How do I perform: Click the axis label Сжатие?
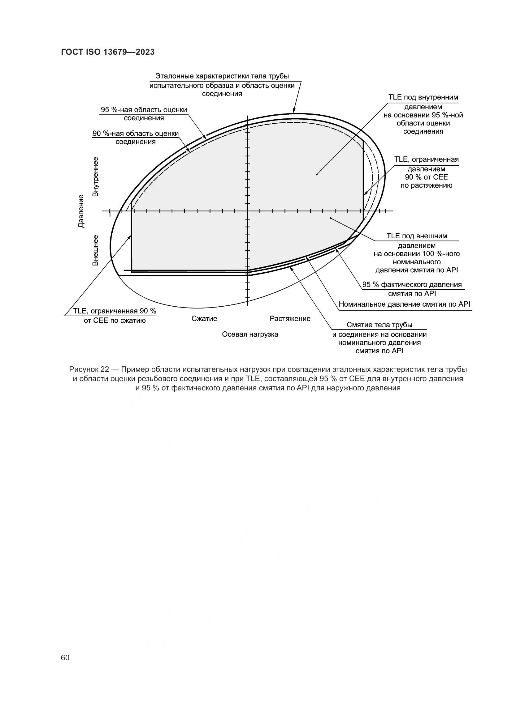pos(204,319)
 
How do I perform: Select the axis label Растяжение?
pos(290,319)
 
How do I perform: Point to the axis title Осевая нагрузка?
pos(250,334)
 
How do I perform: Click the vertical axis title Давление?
pos(81,211)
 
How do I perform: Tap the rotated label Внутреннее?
pos(96,176)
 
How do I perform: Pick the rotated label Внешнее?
pos(96,250)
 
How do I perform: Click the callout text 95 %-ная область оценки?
pos(144,110)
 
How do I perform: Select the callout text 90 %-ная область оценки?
pos(136,134)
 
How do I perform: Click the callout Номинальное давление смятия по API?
pos(404,304)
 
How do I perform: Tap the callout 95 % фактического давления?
pos(412,285)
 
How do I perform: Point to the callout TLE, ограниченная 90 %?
pos(115,311)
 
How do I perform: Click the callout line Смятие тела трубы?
pos(379,325)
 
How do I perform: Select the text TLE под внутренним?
pos(423,97)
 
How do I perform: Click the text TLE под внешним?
pos(416,236)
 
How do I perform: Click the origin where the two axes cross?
pos(248,211)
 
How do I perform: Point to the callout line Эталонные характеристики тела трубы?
pos(222,76)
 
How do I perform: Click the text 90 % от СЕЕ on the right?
pos(426,177)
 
